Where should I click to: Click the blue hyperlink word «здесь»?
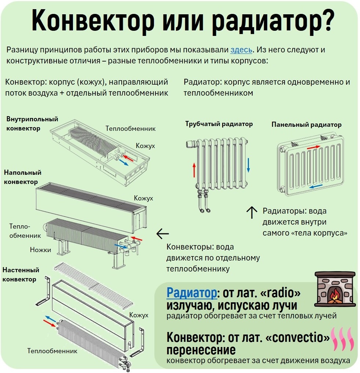(241, 50)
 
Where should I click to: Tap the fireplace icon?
(335, 289)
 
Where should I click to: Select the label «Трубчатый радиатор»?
(219, 124)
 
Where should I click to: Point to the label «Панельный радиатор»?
(306, 125)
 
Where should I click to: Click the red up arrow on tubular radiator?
(194, 170)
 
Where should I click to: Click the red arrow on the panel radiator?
(313, 148)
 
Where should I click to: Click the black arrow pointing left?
(163, 234)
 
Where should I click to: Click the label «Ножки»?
(40, 250)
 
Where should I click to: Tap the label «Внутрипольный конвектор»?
(32, 124)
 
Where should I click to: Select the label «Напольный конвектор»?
(23, 177)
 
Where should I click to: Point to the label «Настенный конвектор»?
(21, 274)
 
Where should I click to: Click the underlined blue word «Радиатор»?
(191, 293)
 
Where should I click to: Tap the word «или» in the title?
(182, 22)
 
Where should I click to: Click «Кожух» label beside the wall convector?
(139, 315)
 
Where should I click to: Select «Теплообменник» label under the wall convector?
(52, 351)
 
